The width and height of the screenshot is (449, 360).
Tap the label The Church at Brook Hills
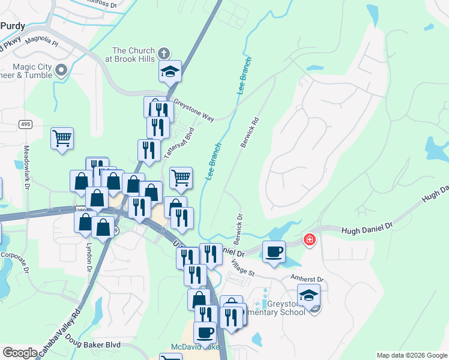coord(133,55)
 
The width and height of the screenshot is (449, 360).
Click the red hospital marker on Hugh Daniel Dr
coord(309,240)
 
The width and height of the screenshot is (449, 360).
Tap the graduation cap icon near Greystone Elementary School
coord(309,296)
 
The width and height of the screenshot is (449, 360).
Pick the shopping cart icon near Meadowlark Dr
coord(62,139)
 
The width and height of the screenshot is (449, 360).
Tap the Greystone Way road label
coord(193,110)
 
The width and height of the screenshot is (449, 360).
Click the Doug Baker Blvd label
coord(95,345)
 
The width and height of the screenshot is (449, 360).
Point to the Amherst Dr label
coord(307,280)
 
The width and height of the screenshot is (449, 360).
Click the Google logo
coord(20,353)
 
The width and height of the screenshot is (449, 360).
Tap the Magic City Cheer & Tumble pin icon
coord(60,71)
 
